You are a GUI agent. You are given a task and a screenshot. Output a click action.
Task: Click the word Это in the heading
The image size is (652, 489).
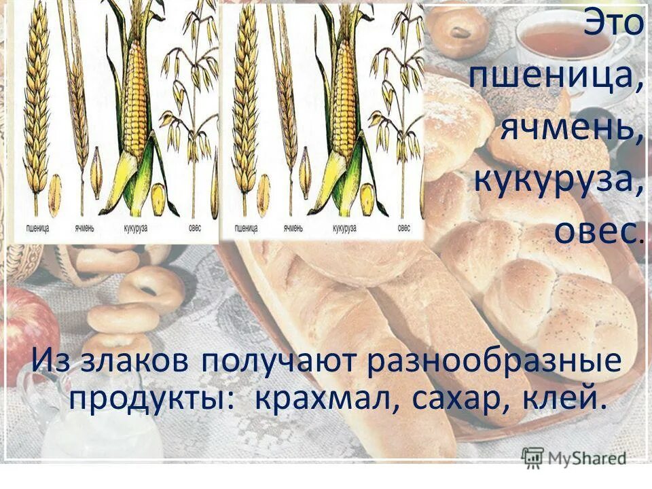[613, 26]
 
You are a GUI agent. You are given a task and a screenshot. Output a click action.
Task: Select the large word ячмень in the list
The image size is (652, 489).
[571, 127]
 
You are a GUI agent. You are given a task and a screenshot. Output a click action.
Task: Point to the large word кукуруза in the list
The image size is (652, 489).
[558, 179]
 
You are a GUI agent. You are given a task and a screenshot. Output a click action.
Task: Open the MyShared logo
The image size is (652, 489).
[574, 458]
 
